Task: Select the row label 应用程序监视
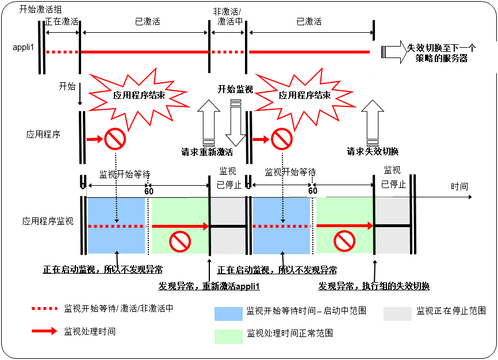[x=48, y=221]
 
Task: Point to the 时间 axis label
[x=459, y=187]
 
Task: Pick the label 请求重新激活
[x=207, y=152]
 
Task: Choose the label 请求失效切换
[x=373, y=152]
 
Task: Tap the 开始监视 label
[x=235, y=90]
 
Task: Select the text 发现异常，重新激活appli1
[x=209, y=286]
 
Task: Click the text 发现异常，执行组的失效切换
[x=374, y=286]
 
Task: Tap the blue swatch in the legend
[x=228, y=313]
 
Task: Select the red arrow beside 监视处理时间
[x=45, y=331]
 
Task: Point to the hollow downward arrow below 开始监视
[x=235, y=123]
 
